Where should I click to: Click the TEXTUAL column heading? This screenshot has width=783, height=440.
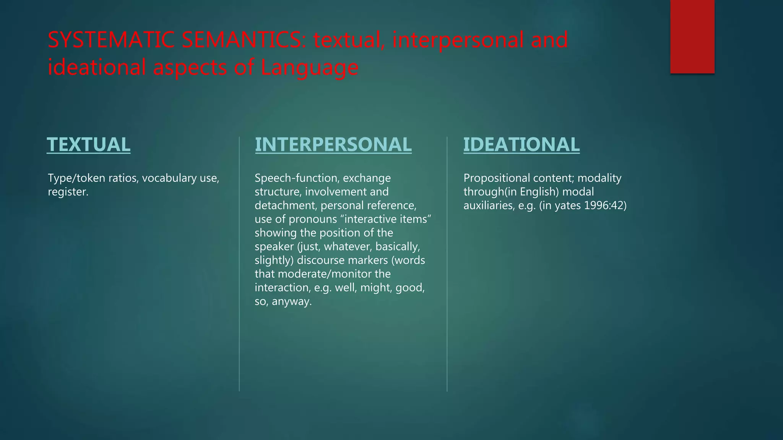pyautogui.click(x=88, y=145)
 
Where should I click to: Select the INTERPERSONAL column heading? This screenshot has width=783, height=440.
pyautogui.click(x=333, y=145)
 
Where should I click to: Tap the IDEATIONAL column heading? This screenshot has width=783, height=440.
pyautogui.click(x=521, y=145)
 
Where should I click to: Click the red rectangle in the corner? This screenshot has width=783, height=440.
pyautogui.click(x=692, y=37)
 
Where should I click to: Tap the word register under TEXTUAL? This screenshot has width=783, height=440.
pyautogui.click(x=68, y=192)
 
